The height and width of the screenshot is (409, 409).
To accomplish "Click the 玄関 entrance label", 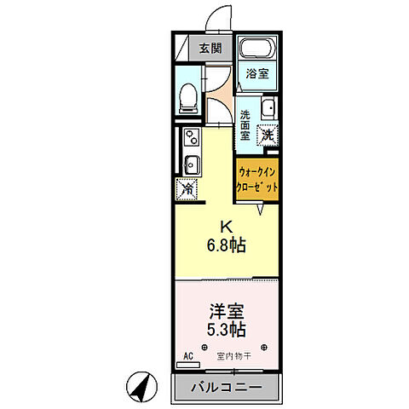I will pos(210,49).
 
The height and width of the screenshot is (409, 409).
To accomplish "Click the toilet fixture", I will pos(190,99).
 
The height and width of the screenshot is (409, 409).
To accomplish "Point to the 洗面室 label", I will pos(245,125).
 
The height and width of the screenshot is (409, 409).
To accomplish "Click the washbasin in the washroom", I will pos(267,108).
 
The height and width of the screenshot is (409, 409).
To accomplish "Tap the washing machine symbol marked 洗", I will pos(268,134).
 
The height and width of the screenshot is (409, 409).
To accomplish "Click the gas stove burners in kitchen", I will pos(189,137).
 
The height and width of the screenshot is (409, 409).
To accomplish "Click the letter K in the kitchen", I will pos(227,228).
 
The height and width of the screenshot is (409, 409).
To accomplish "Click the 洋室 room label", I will pos(228,310).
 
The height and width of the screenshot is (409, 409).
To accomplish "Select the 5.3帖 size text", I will pos(228,328).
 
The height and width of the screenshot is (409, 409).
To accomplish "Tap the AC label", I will pos(187,356).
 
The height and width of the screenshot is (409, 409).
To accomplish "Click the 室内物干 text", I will pos(233,356).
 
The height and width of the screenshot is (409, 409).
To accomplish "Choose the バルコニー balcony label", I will pos(227,387).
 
